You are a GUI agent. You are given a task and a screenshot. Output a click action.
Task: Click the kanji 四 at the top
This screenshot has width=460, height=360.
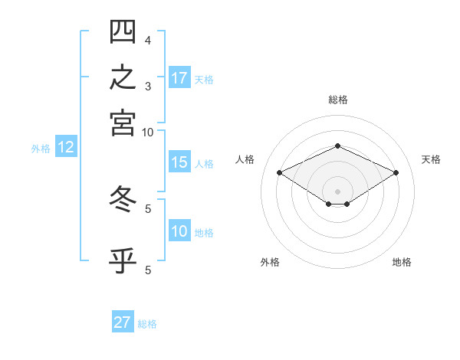[123, 31]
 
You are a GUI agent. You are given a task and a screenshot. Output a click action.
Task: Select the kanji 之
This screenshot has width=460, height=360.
[123, 77]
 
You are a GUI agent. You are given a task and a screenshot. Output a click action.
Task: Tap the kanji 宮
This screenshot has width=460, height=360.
[123, 123]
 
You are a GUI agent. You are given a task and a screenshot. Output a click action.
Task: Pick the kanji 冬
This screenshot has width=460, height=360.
[123, 198]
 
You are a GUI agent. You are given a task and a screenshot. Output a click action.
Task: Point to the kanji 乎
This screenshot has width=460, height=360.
[123, 260]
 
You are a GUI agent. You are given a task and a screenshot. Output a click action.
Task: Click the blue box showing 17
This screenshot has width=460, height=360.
[179, 77]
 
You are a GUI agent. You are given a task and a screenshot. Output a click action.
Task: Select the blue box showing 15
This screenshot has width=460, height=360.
[179, 162]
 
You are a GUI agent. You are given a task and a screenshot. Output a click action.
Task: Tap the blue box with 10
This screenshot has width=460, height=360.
[179, 230]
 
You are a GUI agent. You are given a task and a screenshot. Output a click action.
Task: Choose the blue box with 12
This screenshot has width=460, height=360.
[66, 146]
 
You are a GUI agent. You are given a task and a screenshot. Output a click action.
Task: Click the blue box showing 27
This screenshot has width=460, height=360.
[123, 321]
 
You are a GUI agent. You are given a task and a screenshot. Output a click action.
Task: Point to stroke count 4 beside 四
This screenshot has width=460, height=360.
[148, 41]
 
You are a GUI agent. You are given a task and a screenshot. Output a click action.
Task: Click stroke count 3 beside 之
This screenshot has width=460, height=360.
[148, 87]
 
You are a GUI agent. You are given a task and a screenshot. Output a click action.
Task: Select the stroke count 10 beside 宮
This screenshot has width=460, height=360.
[147, 133]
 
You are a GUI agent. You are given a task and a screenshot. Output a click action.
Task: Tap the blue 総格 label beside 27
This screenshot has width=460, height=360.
[147, 324]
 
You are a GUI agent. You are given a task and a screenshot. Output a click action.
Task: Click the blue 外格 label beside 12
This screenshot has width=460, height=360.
[41, 149]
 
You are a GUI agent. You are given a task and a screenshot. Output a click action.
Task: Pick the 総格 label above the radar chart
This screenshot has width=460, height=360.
[338, 100]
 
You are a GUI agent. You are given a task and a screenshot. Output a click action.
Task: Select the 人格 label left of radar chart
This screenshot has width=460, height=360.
[245, 159]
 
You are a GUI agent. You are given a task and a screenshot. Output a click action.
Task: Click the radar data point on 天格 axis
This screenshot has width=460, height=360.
[396, 172]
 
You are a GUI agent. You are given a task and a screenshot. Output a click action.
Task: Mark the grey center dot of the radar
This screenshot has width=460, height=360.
[337, 191]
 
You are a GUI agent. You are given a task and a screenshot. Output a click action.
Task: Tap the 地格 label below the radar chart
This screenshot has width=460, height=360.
[402, 262]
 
